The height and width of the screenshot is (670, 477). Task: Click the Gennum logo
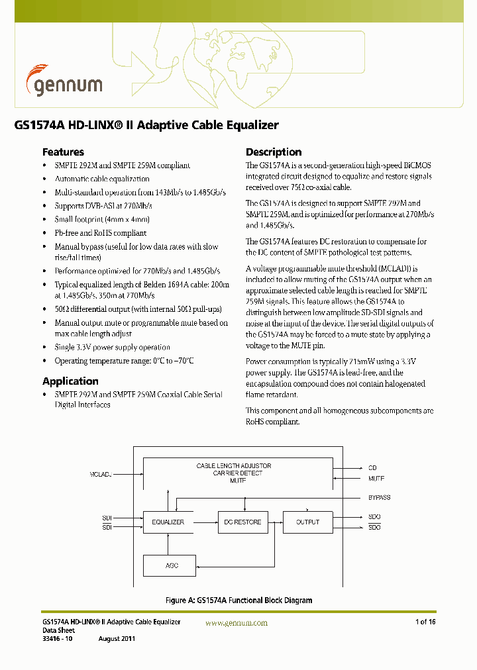(64, 82)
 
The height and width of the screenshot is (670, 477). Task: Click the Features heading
(63, 152)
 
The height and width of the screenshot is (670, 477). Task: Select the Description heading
(274, 152)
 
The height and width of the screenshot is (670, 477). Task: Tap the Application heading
(70, 381)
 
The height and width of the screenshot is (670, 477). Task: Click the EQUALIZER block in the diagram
(168, 522)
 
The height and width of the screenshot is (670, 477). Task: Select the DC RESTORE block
(242, 522)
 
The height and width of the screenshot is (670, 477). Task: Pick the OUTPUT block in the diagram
(308, 522)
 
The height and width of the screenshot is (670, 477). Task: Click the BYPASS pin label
(379, 497)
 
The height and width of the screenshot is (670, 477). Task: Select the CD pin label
(372, 468)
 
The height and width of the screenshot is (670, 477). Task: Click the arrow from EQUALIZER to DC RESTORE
(205, 522)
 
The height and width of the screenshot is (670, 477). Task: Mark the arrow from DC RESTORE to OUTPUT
(275, 522)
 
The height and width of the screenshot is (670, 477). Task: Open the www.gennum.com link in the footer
(237, 623)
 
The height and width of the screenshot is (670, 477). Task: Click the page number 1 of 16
(425, 622)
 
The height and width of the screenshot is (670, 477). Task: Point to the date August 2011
(117, 639)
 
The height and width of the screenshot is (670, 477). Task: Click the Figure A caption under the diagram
(238, 600)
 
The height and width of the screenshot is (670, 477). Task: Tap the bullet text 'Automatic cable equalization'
(102, 179)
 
